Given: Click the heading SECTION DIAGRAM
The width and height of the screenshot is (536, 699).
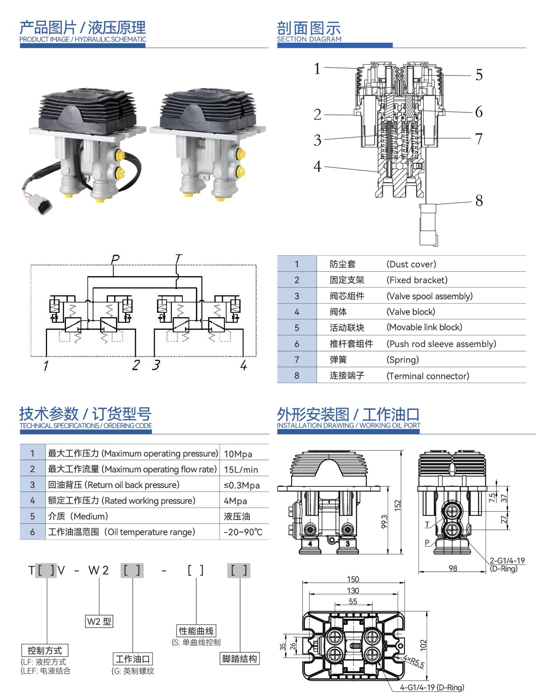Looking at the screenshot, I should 309,39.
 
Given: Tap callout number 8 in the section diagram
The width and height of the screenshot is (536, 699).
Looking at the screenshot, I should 479,201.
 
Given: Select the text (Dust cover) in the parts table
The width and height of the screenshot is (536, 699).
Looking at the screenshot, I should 411,264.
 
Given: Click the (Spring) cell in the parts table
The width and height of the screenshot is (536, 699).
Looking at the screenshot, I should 402,360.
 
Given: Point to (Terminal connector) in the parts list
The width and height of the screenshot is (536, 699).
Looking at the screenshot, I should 428,376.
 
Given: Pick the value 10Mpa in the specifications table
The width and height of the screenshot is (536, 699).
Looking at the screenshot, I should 238,454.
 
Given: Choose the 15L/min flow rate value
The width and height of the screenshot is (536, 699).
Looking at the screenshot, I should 241,470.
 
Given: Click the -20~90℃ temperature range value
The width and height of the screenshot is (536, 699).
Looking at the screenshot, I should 243,532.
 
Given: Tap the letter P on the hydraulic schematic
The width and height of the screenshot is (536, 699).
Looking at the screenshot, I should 115,259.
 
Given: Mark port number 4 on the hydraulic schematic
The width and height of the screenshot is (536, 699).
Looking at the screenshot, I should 244,365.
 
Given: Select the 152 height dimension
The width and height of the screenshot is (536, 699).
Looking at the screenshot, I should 397,505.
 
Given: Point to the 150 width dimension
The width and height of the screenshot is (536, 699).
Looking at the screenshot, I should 353,579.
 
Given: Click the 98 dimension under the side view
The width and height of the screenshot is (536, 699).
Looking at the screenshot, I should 453,568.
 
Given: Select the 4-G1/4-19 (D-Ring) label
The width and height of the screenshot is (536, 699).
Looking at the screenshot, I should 432,688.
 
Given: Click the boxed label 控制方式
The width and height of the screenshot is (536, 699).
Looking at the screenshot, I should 45,651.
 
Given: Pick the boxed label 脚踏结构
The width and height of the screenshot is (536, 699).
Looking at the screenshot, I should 239,659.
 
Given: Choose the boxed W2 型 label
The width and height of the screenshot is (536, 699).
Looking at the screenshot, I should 99,621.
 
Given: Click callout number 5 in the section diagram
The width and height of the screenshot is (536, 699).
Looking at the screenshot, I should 479,75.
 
